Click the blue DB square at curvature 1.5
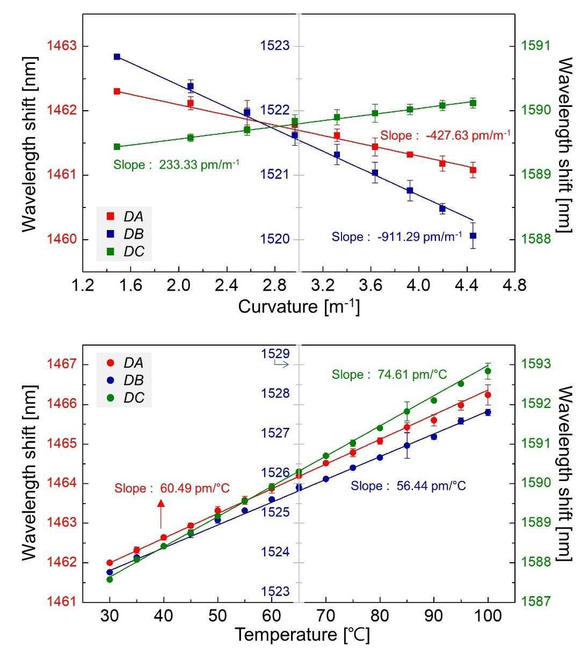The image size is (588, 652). tap(117, 57)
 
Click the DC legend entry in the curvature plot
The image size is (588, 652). tap(125, 251)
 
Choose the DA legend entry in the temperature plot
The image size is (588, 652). tap(125, 363)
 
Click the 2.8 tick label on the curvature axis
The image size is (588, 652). tap(275, 286)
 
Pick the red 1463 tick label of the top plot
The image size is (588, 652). tap(62, 46)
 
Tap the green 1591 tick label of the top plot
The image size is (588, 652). tap(536, 46)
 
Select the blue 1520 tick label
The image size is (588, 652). tap(275, 239)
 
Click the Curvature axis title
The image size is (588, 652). tap(299, 306)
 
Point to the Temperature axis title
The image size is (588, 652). tap(302, 634)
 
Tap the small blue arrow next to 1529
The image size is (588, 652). tap(281, 364)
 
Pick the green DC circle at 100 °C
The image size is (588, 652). tap(488, 371)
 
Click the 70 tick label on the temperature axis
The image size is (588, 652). tap(326, 616)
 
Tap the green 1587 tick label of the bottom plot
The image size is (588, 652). tap(536, 601)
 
